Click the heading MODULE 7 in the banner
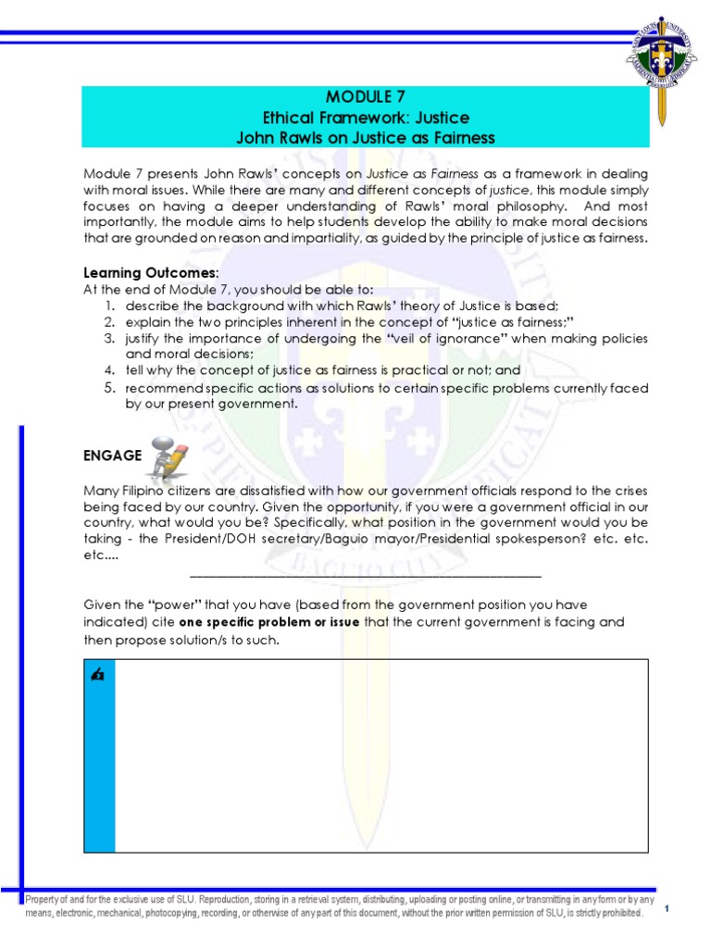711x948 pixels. coord(365,96)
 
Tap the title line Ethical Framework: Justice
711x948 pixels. coord(365,118)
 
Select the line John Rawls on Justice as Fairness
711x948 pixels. coord(365,138)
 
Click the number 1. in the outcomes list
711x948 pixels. coord(109,306)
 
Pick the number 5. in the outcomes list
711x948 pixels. coord(109,387)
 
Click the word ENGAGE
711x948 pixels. coord(112,455)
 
